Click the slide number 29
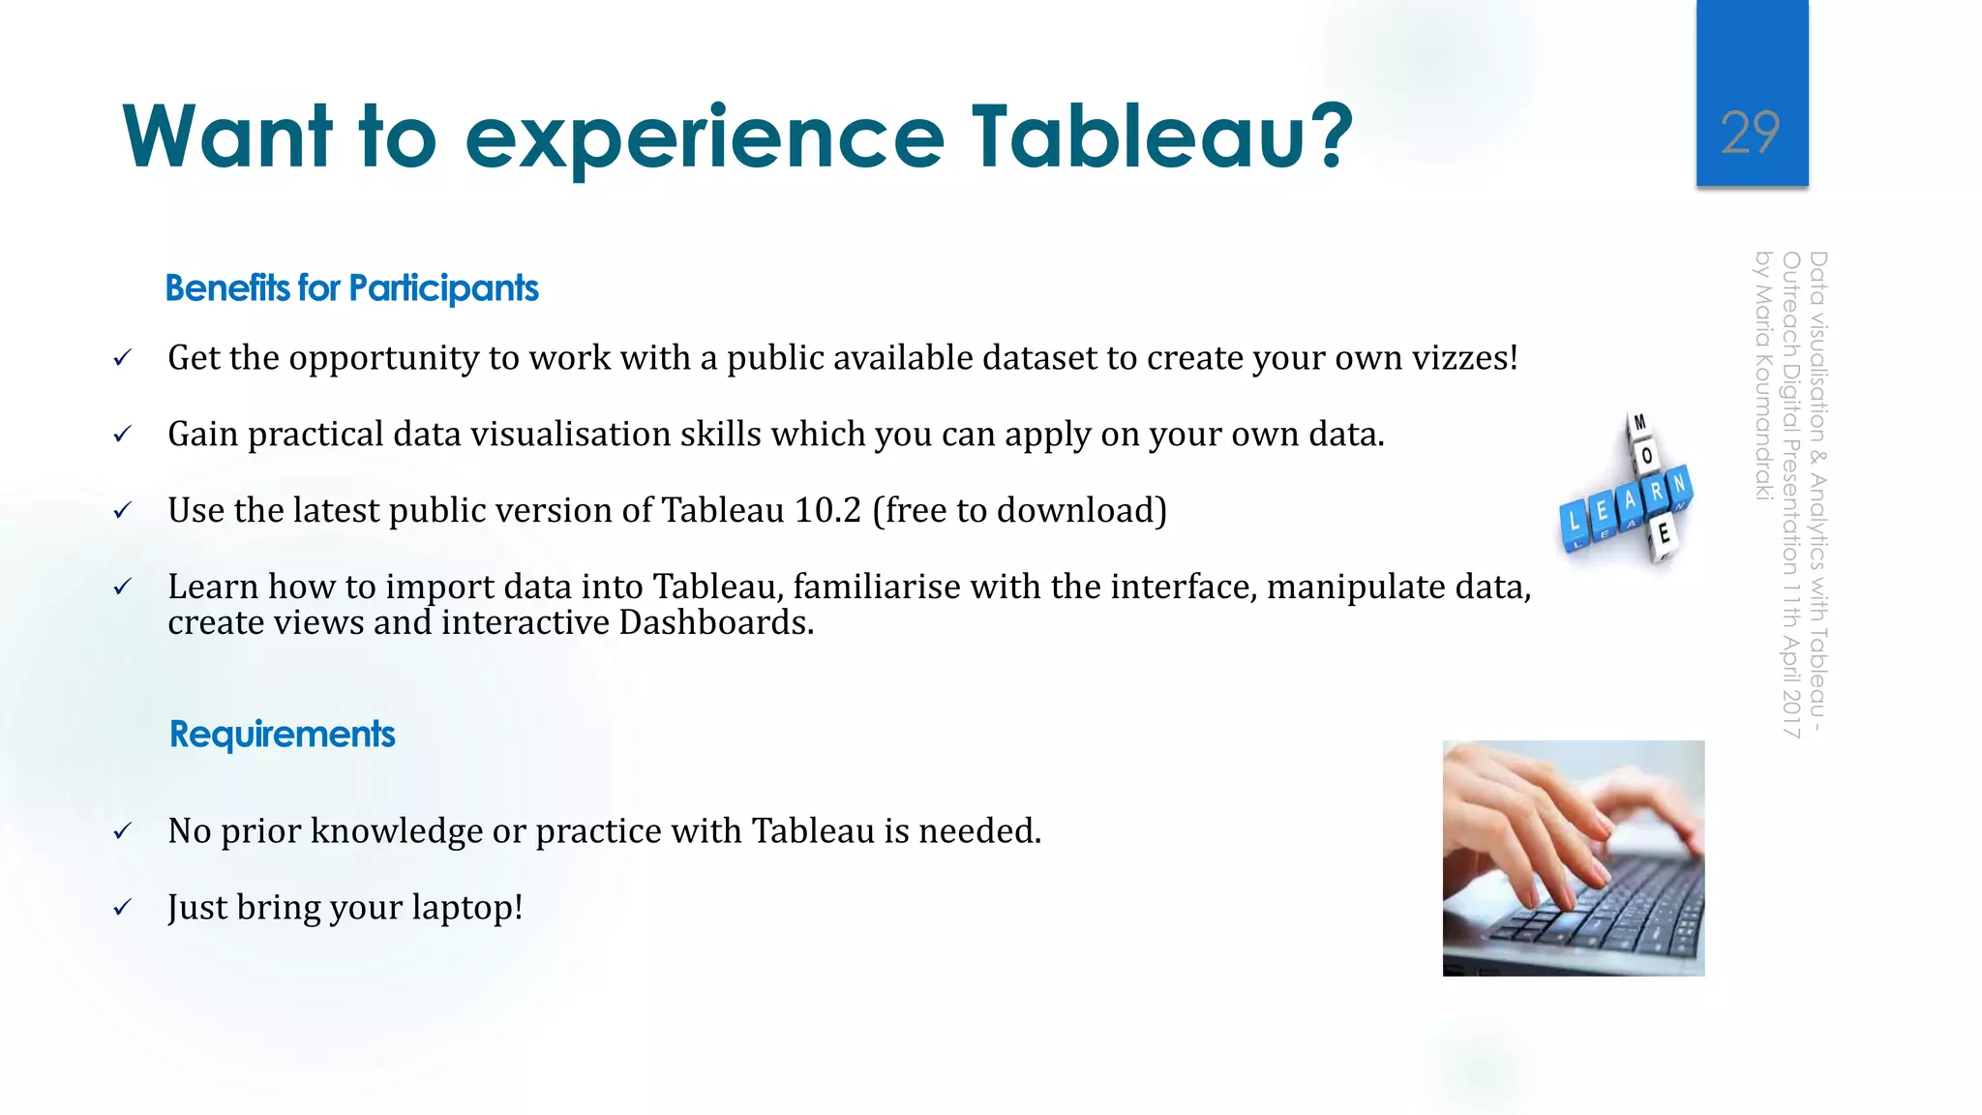point(1751,133)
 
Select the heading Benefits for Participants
point(351,288)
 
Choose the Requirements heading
point(282,735)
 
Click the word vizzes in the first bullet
point(1458,358)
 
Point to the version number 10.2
point(827,510)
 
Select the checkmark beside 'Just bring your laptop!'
point(122,908)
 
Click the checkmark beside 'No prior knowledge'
point(122,831)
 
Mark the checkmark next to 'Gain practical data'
point(122,435)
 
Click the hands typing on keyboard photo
point(1573,858)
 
